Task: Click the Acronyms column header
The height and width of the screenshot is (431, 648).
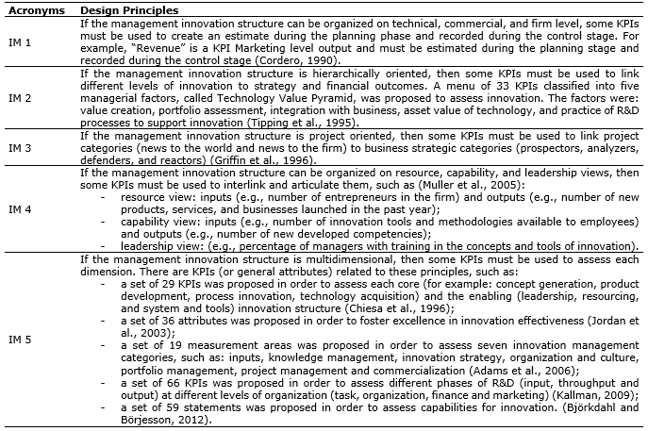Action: coord(29,9)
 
